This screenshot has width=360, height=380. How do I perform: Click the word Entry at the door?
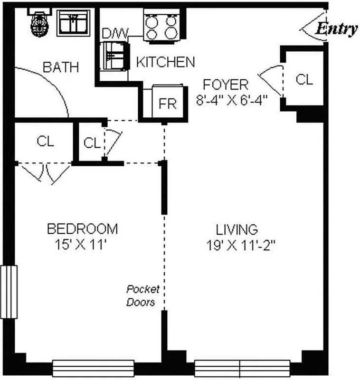click(x=337, y=29)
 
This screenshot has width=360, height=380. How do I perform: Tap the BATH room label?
click(x=61, y=67)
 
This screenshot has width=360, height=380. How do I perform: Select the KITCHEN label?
click(x=165, y=62)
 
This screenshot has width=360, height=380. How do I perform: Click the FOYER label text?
click(x=225, y=85)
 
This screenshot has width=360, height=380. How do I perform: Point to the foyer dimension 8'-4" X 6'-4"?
click(x=232, y=100)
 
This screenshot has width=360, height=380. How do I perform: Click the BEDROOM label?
click(x=82, y=229)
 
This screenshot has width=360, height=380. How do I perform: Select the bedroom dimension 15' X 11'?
click(x=82, y=245)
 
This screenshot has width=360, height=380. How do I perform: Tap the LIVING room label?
click(x=237, y=229)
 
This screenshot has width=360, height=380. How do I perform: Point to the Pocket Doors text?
click(x=142, y=295)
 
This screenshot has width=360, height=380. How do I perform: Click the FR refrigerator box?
click(x=168, y=103)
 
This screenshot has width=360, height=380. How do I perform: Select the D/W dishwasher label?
click(x=112, y=34)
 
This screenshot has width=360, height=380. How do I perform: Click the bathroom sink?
click(x=73, y=22)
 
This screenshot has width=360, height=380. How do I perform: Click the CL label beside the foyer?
click(x=304, y=79)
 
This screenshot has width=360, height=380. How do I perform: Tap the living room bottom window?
click(x=242, y=368)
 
